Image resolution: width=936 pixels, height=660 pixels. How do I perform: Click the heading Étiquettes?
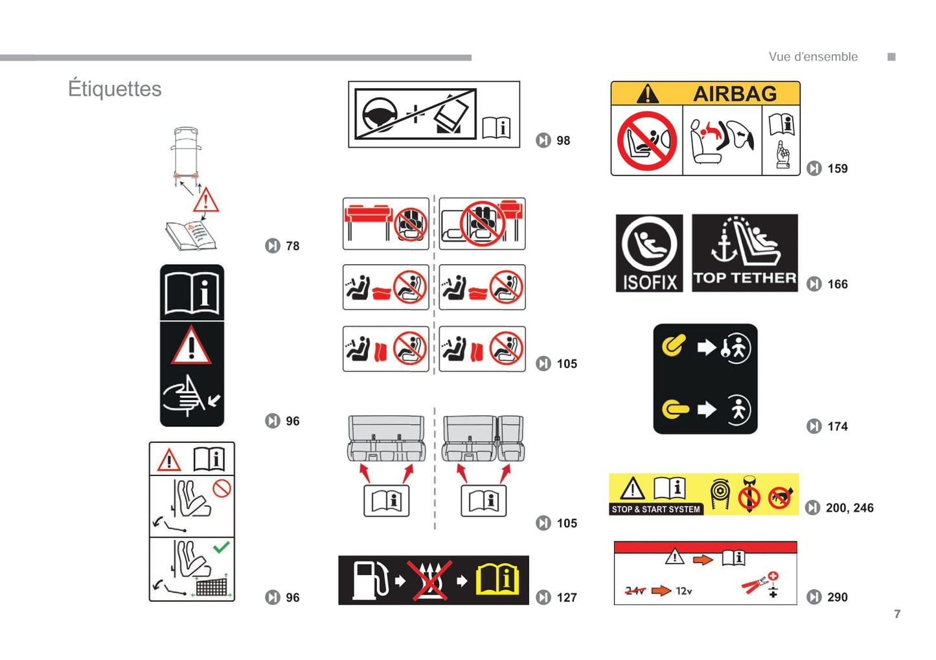(115, 89)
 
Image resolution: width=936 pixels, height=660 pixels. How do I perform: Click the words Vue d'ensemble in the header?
(813, 57)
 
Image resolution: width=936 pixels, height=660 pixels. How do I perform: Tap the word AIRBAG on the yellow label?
(735, 93)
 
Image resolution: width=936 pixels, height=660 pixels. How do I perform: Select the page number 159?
(838, 169)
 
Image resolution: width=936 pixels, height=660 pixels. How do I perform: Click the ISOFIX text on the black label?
(650, 282)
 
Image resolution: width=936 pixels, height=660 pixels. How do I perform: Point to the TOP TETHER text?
(745, 279)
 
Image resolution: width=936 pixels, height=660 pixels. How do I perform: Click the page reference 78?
(293, 246)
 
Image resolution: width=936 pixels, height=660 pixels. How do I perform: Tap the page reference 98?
(564, 141)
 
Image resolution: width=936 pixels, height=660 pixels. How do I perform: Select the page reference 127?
(567, 598)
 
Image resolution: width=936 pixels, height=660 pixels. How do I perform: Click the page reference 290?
(838, 597)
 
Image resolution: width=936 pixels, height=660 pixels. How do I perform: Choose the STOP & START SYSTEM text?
(656, 510)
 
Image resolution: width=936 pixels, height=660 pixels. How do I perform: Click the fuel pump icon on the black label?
(371, 580)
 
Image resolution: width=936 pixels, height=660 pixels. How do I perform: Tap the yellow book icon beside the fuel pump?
(497, 580)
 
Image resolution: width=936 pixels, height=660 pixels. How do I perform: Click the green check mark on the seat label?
(221, 547)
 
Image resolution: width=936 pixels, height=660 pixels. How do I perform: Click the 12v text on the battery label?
(684, 591)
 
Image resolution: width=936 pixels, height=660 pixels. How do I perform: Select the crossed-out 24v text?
(635, 591)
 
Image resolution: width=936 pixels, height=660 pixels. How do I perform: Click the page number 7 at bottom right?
(897, 614)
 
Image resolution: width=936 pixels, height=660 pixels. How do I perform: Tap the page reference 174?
(838, 426)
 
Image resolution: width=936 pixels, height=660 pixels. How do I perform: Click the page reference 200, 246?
(849, 508)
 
